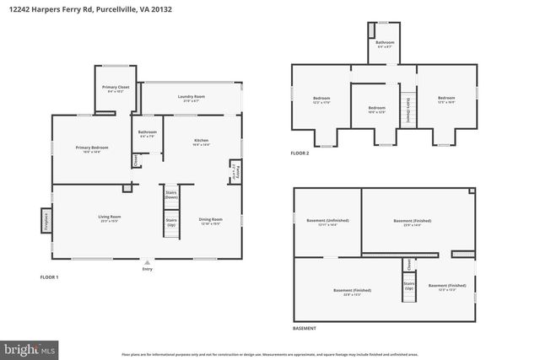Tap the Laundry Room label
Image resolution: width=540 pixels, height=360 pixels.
192,98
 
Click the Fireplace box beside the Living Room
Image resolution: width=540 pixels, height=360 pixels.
44,221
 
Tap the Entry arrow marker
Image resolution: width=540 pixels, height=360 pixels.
148,262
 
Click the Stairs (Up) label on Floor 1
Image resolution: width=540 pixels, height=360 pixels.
170,223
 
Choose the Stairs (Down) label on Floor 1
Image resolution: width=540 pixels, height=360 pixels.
170,195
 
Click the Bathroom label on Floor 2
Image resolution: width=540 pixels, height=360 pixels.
385,42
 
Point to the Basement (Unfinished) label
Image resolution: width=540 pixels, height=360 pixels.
327,223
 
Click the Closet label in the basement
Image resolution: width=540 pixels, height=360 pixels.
408,264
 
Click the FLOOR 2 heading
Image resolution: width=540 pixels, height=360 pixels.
300,153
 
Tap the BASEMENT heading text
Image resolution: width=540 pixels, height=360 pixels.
305,327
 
